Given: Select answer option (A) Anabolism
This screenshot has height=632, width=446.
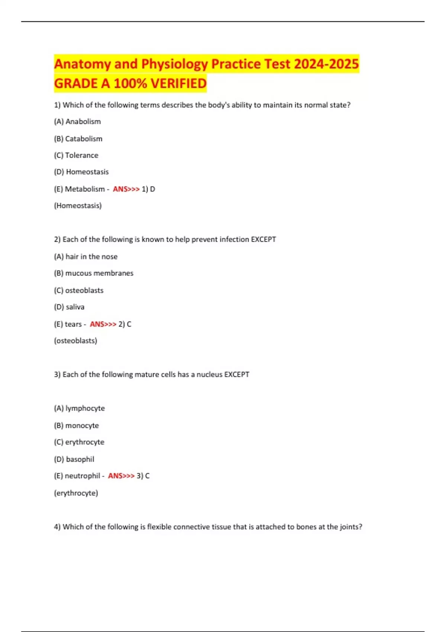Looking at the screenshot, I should coord(77,122).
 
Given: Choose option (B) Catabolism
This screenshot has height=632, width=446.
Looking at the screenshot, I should coord(78,139).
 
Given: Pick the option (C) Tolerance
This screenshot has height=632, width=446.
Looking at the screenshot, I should coord(76,155).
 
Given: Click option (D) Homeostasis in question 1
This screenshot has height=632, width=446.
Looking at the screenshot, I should coord(81,172).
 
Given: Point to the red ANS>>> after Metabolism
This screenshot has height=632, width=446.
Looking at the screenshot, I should coord(126,189).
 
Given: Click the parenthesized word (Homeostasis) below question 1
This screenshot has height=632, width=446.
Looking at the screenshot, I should coord(78,206).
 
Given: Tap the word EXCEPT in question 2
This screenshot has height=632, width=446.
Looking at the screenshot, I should coord(263,239).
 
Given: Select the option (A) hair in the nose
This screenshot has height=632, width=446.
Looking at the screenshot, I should coord(85,257).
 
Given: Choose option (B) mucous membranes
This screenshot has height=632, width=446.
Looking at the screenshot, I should coord(94,273).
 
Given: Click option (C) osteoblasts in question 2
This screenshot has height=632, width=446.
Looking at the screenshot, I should coord(79,290).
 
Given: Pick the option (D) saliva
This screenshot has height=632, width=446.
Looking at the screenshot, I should coord(69,307).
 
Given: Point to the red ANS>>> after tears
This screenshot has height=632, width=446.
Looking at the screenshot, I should coord(103,324).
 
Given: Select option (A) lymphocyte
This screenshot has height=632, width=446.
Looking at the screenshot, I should coord(80,408).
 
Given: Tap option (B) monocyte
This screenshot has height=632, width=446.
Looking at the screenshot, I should coord(77,425).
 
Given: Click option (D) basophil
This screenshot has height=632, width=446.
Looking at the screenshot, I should coord(74,459).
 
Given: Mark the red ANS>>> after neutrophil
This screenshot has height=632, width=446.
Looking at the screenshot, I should coord(121,476).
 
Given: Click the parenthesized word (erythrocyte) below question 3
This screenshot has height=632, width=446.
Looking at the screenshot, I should coord(76,493).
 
